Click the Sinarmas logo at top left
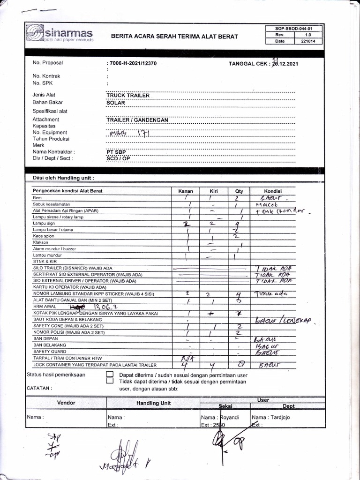tap(60, 34)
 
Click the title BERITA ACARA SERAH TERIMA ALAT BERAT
tap(174, 37)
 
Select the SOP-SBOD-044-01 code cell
tap(293, 29)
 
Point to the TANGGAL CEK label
tap(249, 63)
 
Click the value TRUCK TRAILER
tap(128, 95)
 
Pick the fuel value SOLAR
tap(116, 102)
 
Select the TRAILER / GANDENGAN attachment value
tap(137, 120)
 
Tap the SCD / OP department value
tap(118, 158)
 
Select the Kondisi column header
tap(272, 191)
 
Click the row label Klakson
tap(41, 242)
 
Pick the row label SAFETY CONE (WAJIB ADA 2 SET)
tap(68, 326)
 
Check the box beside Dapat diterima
tap(110, 375)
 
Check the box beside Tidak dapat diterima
tap(110, 381)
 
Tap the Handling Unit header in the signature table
tap(153, 403)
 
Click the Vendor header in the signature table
tap(66, 402)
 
